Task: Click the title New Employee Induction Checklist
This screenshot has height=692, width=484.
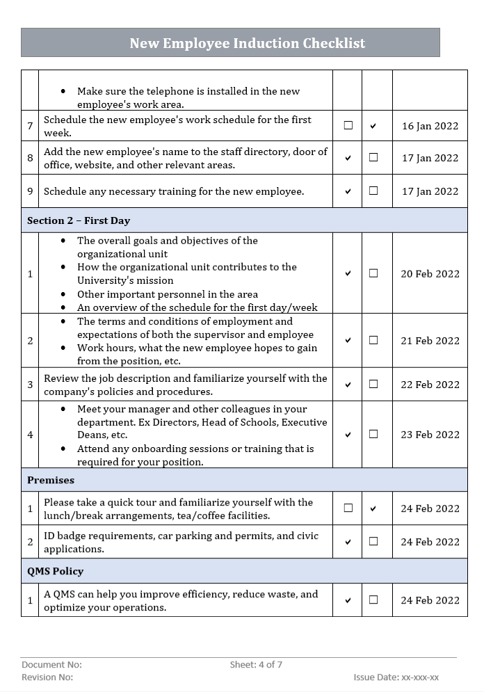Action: tap(247, 43)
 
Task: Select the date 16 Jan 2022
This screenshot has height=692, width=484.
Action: tap(430, 126)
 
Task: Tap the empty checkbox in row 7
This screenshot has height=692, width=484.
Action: tap(348, 126)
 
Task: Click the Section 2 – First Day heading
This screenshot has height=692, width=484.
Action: tap(79, 220)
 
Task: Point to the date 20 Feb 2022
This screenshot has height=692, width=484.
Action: tap(430, 273)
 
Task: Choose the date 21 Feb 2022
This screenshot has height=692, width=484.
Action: tap(430, 341)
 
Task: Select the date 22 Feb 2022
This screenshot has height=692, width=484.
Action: tap(430, 385)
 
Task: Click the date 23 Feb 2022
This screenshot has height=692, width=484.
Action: tap(430, 435)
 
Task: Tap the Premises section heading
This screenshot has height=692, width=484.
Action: tap(51, 480)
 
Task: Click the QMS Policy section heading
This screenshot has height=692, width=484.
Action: tap(55, 571)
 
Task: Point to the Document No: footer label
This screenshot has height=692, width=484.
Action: tap(51, 665)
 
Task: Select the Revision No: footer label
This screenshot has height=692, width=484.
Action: tap(47, 677)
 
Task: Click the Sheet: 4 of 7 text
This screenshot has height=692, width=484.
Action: tap(256, 665)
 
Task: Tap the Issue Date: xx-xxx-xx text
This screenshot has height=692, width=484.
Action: tap(396, 677)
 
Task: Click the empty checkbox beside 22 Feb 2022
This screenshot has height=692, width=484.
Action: tap(373, 384)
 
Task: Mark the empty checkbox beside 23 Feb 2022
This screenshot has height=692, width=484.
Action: tap(373, 434)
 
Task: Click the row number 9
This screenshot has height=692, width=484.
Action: tap(30, 191)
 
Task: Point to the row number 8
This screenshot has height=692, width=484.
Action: tap(30, 158)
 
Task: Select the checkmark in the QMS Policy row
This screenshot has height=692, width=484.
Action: tap(348, 600)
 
